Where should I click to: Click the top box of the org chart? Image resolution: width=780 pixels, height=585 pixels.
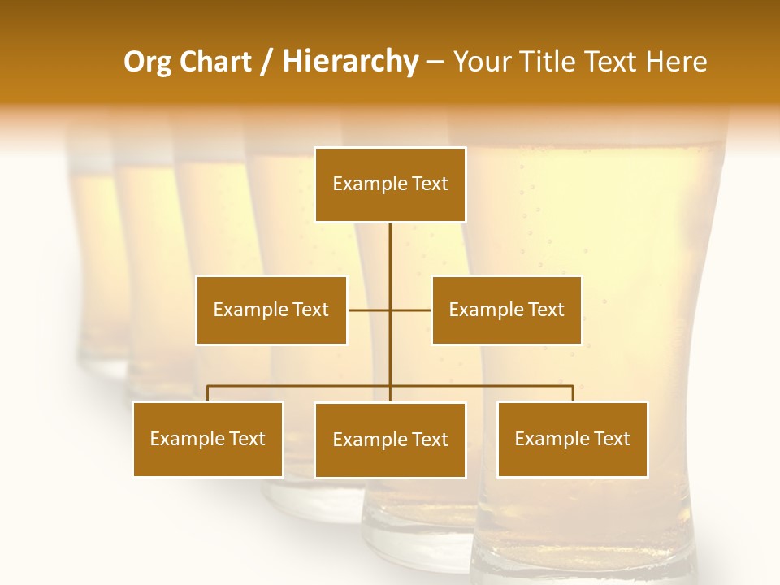click(x=390, y=184)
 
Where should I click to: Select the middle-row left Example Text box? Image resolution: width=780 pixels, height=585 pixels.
click(x=271, y=310)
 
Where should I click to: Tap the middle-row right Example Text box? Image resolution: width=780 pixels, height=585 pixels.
click(x=506, y=310)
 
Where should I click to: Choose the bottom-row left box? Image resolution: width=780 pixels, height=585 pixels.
click(x=208, y=439)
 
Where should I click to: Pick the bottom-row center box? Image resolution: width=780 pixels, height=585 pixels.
click(x=390, y=440)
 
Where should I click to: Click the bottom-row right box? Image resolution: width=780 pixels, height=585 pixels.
click(x=572, y=439)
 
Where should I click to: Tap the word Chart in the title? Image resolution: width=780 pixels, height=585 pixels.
click(x=214, y=62)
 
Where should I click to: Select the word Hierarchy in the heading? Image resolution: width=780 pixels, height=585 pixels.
click(x=349, y=62)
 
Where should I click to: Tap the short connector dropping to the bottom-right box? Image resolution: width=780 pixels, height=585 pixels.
click(x=573, y=393)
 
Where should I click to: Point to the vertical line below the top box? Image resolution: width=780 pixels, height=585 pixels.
click(x=390, y=260)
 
